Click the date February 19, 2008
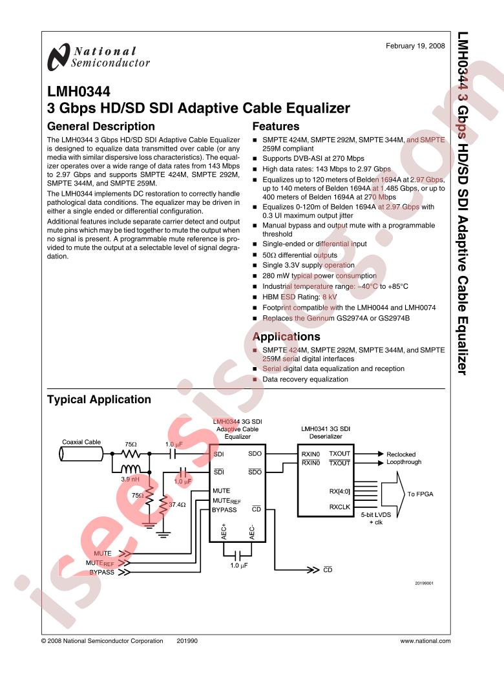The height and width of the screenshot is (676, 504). (415, 46)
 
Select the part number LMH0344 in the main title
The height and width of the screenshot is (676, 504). (78, 91)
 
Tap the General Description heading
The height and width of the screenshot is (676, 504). (101, 126)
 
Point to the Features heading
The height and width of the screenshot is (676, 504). (275, 126)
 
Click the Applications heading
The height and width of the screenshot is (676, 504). (286, 337)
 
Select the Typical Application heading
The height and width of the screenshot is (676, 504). (99, 399)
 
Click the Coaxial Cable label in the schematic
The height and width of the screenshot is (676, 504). (81, 442)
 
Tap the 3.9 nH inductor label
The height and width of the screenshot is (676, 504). (131, 479)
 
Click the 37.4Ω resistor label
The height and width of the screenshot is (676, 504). (177, 504)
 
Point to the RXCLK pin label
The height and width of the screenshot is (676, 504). (340, 507)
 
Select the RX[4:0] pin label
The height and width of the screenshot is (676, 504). (340, 491)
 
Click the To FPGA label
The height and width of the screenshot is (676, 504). (421, 494)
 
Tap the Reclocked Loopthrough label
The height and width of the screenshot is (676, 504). (404, 458)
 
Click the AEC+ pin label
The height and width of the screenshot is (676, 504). (224, 532)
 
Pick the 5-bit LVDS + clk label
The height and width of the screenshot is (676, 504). (376, 518)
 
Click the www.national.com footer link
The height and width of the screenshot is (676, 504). (426, 641)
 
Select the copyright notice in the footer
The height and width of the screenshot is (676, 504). (102, 641)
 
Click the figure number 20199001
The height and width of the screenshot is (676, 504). (425, 584)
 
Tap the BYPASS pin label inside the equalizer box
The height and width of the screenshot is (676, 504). (224, 510)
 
